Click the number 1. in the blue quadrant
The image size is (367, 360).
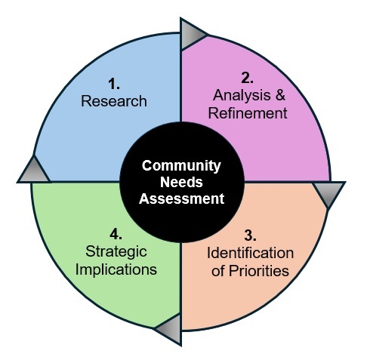(114, 84)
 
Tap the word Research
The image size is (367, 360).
(114, 101)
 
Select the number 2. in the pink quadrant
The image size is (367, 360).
(247, 78)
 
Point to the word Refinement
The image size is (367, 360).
(248, 113)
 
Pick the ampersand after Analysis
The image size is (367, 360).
(280, 95)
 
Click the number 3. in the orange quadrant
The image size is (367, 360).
(250, 235)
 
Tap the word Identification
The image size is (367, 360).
(250, 253)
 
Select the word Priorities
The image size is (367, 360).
(259, 271)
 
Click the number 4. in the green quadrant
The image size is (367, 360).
(116, 234)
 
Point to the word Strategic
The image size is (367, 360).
(116, 252)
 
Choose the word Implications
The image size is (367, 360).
(116, 269)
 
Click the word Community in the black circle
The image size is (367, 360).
(181, 166)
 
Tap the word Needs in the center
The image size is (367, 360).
(181, 182)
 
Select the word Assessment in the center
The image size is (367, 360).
(181, 198)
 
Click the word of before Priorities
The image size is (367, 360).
(218, 271)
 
